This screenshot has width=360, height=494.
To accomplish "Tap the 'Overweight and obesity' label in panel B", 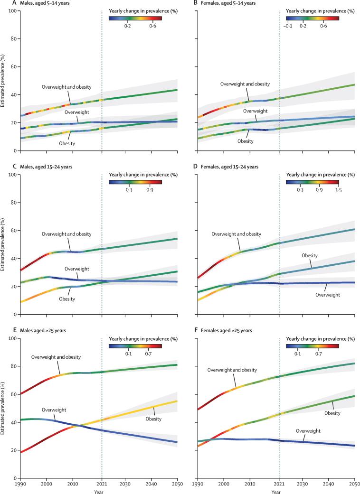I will [245, 84].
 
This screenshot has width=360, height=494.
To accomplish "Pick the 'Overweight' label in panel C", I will [77, 268].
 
